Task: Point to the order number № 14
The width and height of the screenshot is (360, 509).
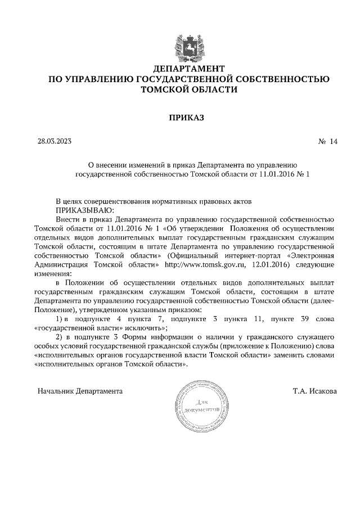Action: (327, 142)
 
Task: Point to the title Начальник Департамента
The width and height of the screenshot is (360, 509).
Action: (80, 390)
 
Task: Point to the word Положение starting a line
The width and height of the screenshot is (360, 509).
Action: (52, 309)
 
